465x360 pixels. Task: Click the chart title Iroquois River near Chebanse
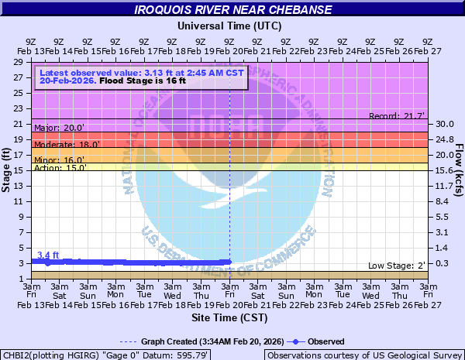coord(232,10)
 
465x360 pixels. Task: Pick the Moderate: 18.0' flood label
coord(66,145)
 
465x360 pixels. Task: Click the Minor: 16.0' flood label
coord(59,159)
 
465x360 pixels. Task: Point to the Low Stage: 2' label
coord(396,266)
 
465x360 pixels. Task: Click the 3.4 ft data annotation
coord(48,255)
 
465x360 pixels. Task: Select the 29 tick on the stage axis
coord(17,61)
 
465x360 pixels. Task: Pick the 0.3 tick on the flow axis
coord(442,263)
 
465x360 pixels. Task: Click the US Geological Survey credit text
coord(363,355)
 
